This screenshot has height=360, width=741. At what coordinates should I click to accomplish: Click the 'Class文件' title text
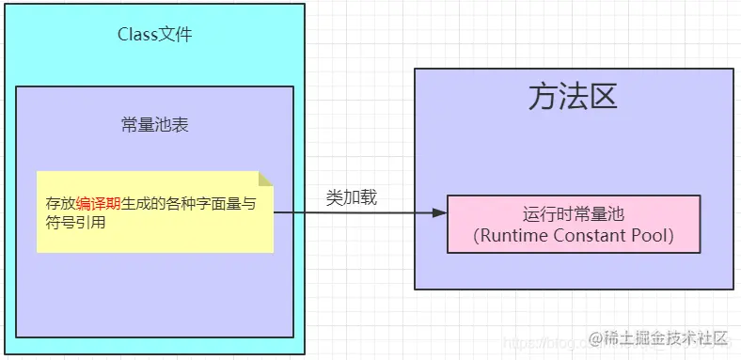point(154,35)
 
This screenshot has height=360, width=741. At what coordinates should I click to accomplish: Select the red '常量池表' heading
point(155,124)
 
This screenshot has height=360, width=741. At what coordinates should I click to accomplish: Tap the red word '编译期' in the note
point(97,203)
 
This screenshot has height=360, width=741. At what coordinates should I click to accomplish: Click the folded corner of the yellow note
point(266,178)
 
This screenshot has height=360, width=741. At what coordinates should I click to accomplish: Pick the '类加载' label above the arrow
point(352,197)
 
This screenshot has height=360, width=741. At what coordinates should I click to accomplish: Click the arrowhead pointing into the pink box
point(439,213)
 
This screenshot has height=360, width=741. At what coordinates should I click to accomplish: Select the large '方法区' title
point(573,98)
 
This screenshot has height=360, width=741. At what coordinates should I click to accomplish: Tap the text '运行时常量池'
point(573,213)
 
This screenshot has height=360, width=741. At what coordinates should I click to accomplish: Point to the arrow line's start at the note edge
point(276,213)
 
